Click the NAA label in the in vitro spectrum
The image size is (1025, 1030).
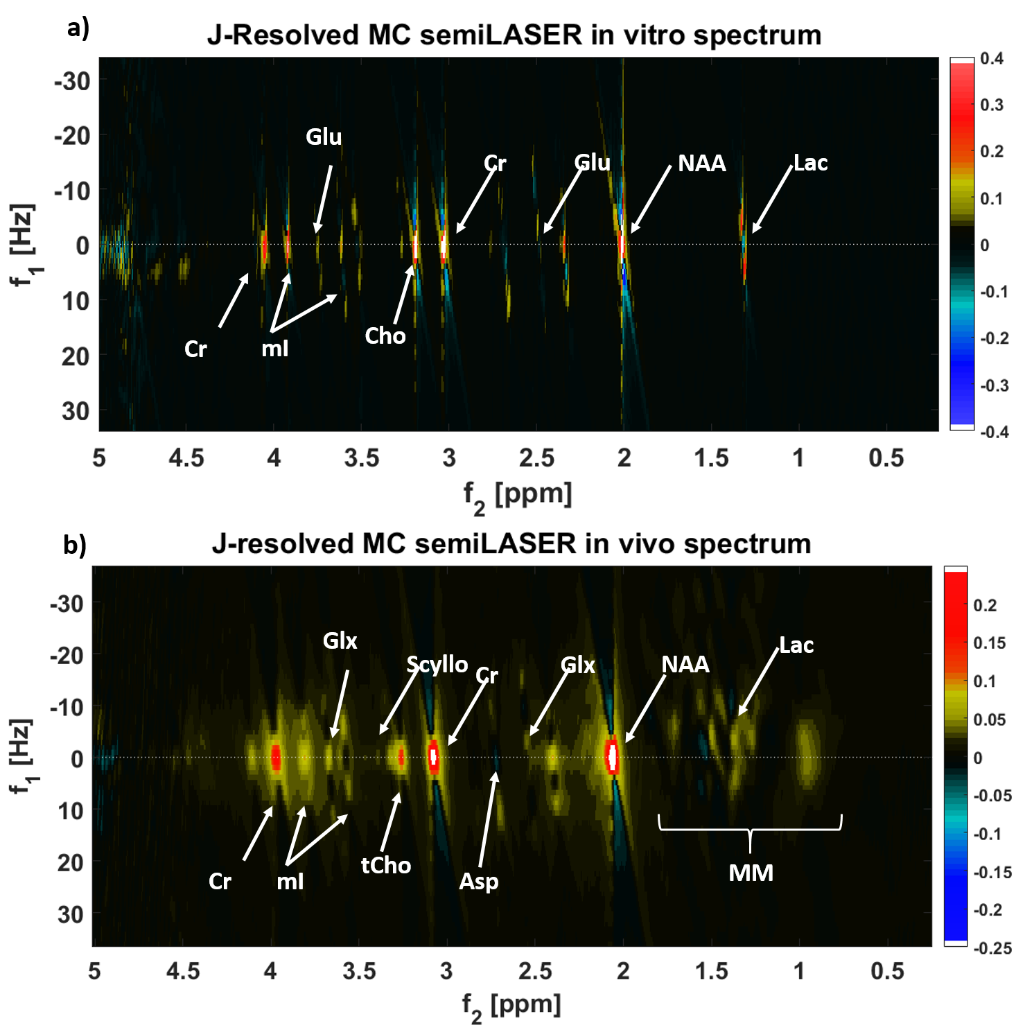(x=701, y=164)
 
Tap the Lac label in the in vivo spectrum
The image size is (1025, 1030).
(x=796, y=645)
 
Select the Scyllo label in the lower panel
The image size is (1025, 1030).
(x=437, y=664)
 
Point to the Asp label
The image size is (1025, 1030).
(x=479, y=881)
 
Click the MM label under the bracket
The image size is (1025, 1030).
(x=751, y=873)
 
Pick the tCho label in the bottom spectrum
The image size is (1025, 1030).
(x=386, y=865)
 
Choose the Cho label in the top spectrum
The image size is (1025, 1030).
(x=385, y=336)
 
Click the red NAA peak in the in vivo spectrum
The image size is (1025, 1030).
(x=612, y=757)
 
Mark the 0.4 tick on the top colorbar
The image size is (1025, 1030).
(x=992, y=58)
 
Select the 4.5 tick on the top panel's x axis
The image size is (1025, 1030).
(x=186, y=458)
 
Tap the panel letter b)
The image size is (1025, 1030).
(x=75, y=545)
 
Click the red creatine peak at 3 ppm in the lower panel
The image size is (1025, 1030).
(x=434, y=756)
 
